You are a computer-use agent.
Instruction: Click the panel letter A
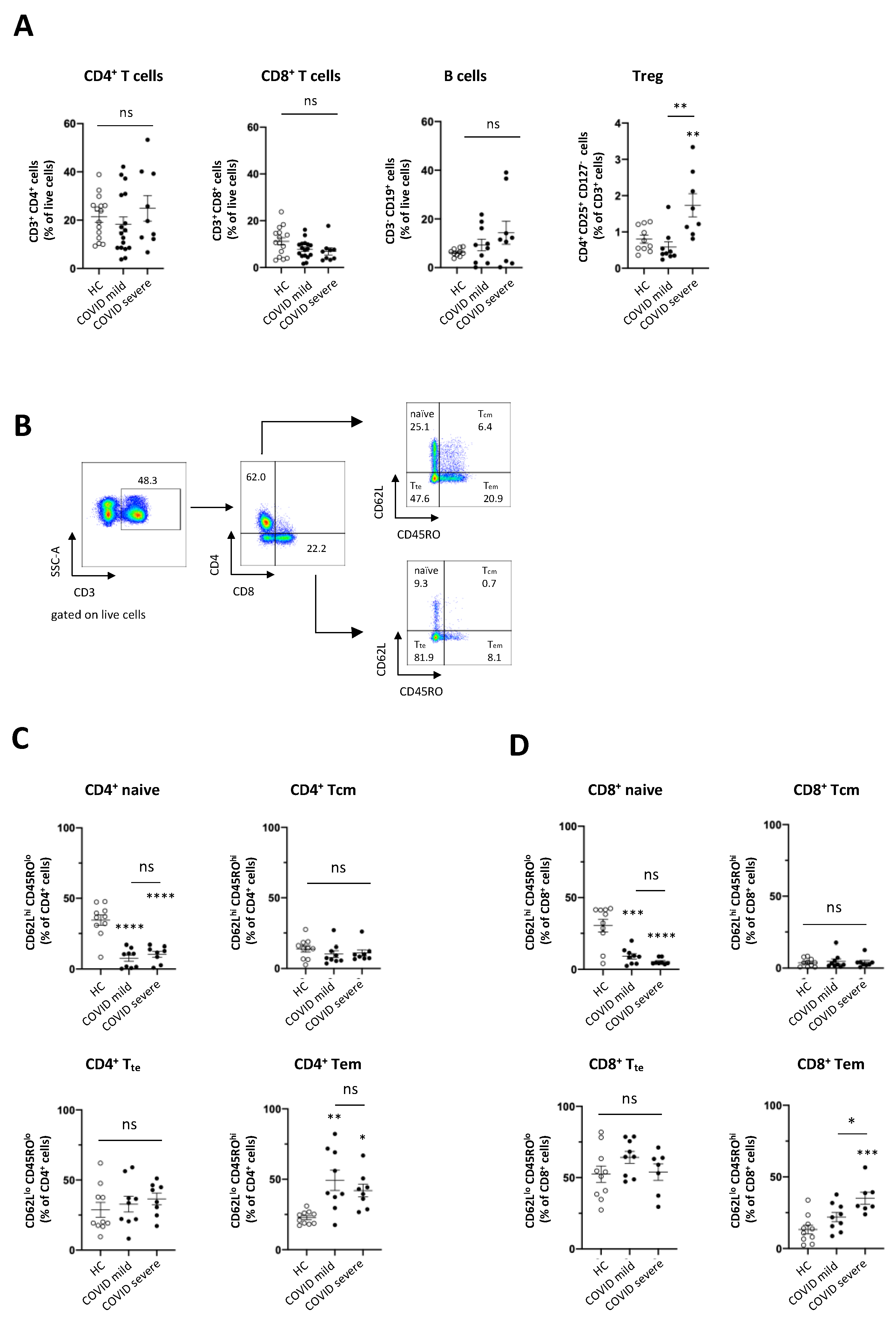[x=24, y=26]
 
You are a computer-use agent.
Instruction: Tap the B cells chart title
[x=465, y=76]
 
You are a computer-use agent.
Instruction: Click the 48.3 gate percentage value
[x=147, y=481]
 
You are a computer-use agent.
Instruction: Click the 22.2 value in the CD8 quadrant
[x=316, y=548]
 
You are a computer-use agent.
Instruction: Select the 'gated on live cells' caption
[x=98, y=615]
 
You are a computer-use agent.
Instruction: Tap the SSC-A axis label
[x=55, y=561]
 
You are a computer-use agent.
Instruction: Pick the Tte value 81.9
[x=423, y=657]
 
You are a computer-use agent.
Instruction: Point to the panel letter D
[x=519, y=745]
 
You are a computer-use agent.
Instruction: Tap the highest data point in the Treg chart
[x=692, y=147]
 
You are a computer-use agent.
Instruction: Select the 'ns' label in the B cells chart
[x=493, y=124]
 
